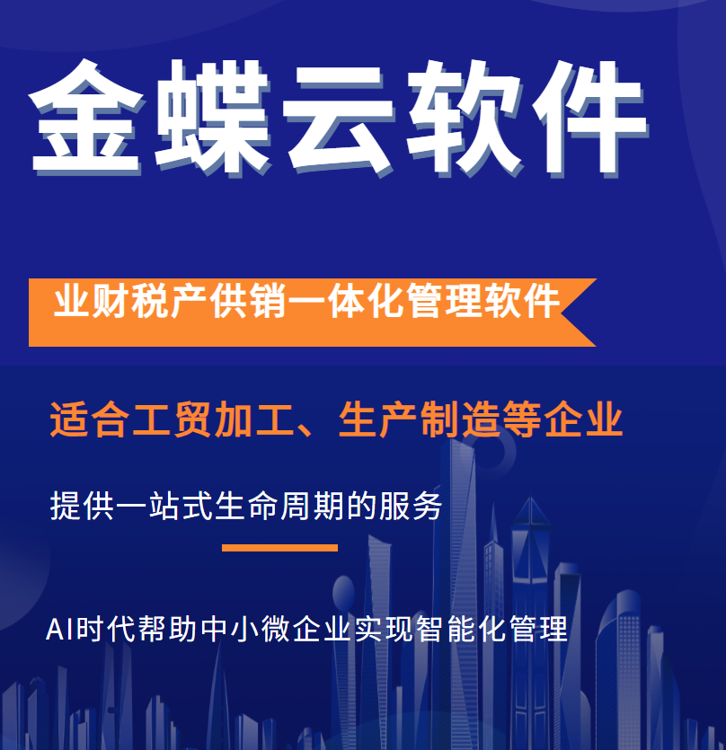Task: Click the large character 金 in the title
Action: click(x=86, y=117)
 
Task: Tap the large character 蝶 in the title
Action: click(x=213, y=117)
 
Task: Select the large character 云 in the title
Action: click(x=339, y=119)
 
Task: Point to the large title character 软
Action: click(x=465, y=117)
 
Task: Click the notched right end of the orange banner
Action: click(x=562, y=313)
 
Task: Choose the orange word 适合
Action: click(x=90, y=419)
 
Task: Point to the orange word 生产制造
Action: click(x=420, y=419)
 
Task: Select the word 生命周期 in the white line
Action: click(x=279, y=506)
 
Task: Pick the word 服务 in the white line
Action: click(x=411, y=506)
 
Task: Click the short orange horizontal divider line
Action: click(x=280, y=548)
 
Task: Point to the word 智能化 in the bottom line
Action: click(x=461, y=629)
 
